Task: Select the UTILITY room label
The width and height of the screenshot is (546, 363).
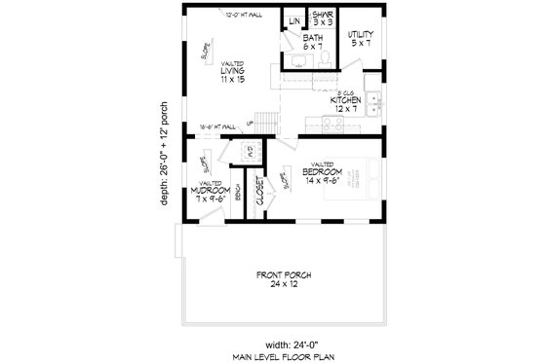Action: tap(362, 36)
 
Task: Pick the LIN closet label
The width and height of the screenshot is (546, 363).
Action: tap(293, 21)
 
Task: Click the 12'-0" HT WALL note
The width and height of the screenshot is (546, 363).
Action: tap(243, 16)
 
